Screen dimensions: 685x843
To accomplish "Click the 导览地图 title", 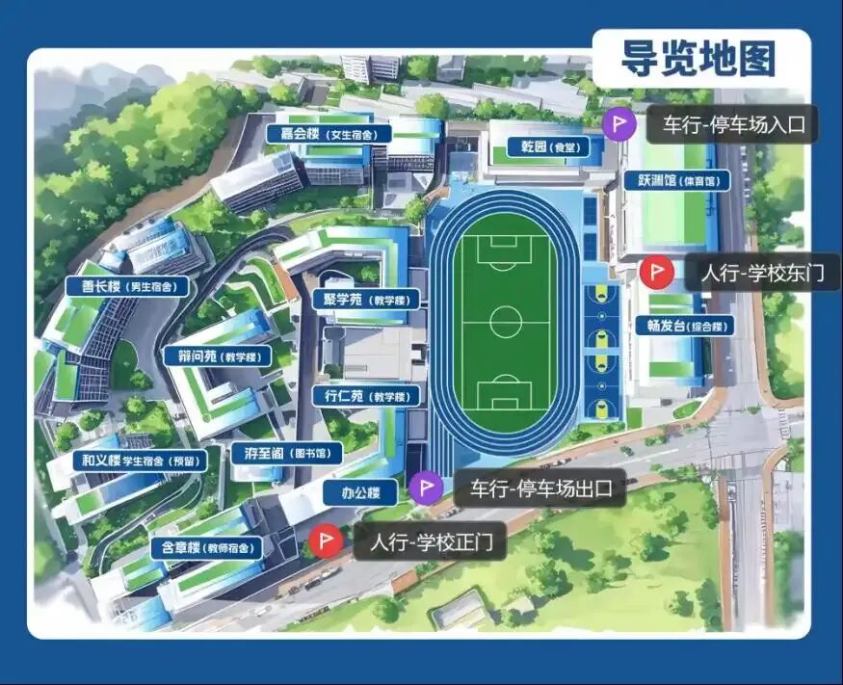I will coord(698,58).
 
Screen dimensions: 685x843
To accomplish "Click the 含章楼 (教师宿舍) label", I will coord(206,547).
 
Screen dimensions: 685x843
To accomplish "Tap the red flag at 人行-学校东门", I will coord(655,273).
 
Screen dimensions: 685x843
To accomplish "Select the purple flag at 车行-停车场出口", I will coord(425,488).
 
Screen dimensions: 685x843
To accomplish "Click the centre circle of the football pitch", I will coord(505,321).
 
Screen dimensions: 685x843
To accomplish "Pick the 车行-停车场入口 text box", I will coord(732,124).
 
